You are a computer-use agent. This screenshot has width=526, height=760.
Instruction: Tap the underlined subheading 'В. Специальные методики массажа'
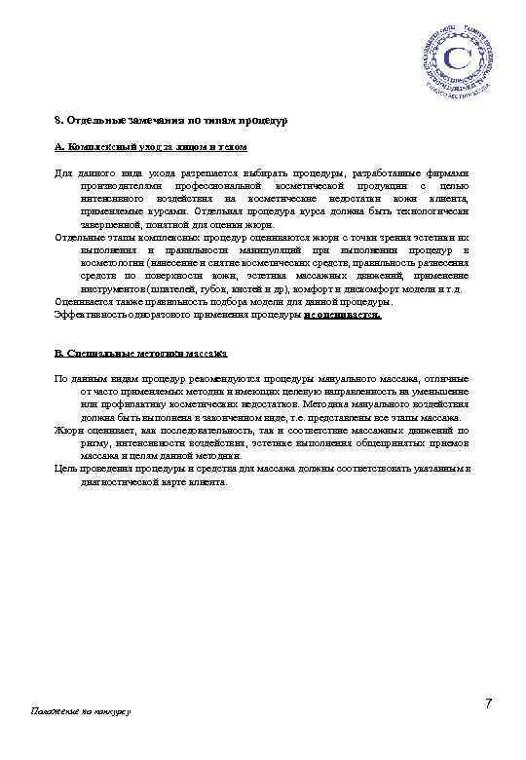(x=140, y=353)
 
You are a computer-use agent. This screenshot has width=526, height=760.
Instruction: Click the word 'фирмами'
(x=447, y=173)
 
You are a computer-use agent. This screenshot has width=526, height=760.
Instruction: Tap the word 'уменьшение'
(x=440, y=390)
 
